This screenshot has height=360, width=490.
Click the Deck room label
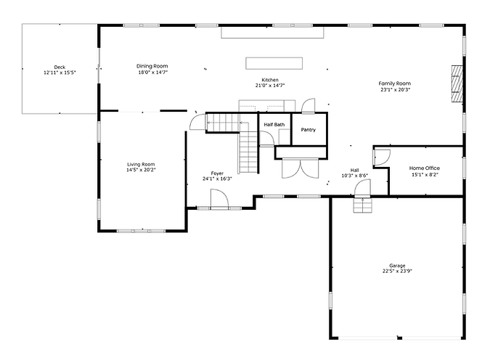pos(60,67)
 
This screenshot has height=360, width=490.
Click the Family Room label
pos(394,84)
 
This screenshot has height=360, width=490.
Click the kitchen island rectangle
pos(274,62)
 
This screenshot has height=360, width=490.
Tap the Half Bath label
pos(274,125)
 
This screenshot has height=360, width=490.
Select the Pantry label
pos(309,130)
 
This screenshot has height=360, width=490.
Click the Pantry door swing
pos(309,107)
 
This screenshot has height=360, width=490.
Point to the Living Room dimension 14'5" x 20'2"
pos(142,170)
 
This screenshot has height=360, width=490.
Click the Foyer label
pos(217,173)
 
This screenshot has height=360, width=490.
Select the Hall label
pos(354,170)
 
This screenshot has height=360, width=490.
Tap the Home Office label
pos(424,168)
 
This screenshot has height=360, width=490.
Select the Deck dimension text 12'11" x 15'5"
pos(60,73)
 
